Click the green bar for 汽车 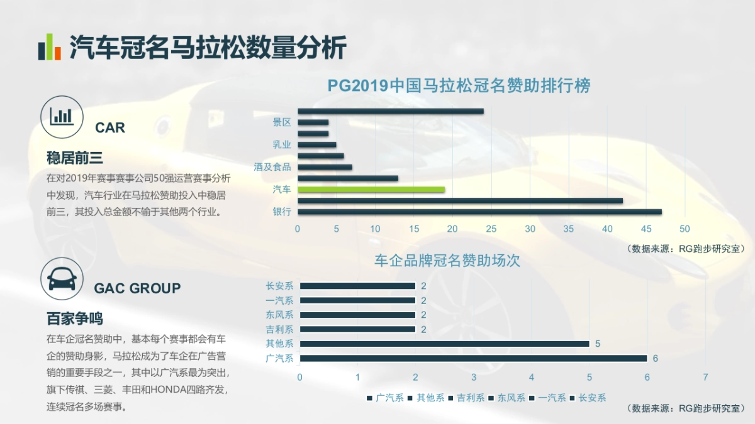371,189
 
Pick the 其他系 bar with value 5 444,344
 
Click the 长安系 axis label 279,286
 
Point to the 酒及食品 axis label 272,167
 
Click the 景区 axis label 282,122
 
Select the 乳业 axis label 282,144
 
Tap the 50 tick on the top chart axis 685,229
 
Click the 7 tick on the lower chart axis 705,378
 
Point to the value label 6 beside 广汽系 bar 655,359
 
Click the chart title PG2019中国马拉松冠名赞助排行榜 459,86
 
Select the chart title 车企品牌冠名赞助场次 447,260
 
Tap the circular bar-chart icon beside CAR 62,116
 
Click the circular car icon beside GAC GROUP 62,278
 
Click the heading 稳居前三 74,158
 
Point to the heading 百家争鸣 74,318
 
